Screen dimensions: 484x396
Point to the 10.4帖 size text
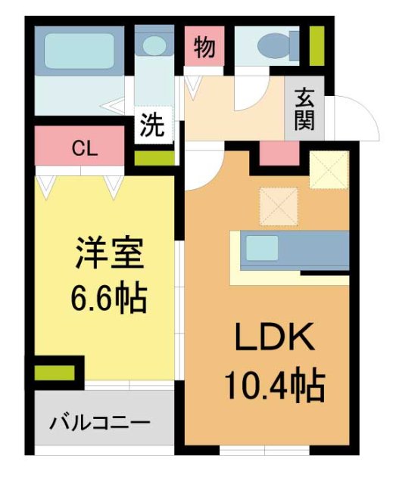click(274, 388)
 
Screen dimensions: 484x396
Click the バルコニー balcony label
click(101, 423)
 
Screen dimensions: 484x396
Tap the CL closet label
click(84, 148)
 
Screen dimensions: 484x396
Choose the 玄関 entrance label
click(304, 109)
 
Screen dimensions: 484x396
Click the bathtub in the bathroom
click(78, 50)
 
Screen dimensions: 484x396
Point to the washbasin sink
click(156, 45)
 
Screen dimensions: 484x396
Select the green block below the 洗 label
click(154, 158)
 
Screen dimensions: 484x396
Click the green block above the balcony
click(55, 373)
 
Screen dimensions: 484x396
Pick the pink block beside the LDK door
click(279, 154)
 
